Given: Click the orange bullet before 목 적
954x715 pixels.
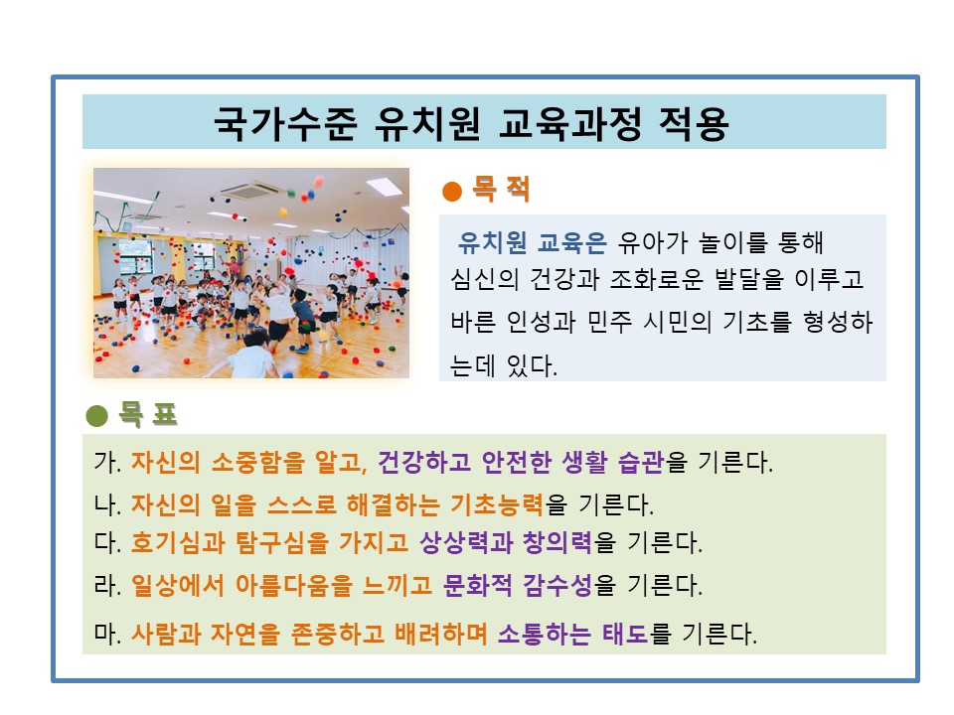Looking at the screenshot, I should tap(451, 190).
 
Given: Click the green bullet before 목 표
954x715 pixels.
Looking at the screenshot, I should tap(96, 415).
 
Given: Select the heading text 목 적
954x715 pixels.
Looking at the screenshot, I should tap(501, 189).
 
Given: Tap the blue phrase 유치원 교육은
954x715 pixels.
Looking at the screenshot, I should tap(532, 243).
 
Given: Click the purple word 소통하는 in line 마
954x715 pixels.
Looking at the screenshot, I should tap(546, 633).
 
